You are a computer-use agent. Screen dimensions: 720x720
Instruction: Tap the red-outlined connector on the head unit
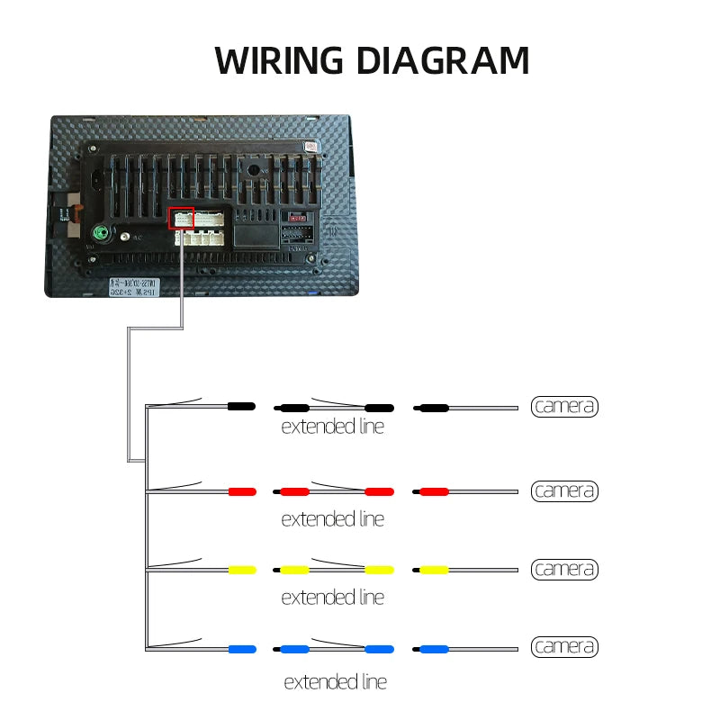point(181,219)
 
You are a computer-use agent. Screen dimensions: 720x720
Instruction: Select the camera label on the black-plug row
point(564,407)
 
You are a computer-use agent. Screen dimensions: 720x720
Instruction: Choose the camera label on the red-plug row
point(564,491)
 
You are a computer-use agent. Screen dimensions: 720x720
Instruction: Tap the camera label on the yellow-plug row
point(564,570)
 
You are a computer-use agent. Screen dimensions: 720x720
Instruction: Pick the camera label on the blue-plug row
point(564,647)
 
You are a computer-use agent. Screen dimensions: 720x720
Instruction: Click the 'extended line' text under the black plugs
point(332,427)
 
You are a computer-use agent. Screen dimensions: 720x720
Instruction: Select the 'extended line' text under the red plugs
point(332,519)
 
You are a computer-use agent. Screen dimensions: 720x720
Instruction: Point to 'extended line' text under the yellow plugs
point(332,598)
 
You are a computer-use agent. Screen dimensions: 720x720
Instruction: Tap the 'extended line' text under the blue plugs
point(335,682)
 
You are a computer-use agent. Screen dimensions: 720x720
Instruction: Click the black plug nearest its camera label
point(433,408)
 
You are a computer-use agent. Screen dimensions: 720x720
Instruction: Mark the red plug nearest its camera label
point(433,491)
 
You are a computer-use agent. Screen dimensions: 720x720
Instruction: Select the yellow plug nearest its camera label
point(433,570)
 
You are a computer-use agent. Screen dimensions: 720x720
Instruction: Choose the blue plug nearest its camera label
point(433,648)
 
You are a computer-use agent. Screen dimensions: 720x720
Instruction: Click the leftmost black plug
point(241,407)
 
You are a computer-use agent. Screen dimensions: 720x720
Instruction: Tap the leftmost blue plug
point(242,648)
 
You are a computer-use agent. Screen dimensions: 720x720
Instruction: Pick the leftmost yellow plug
point(242,570)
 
